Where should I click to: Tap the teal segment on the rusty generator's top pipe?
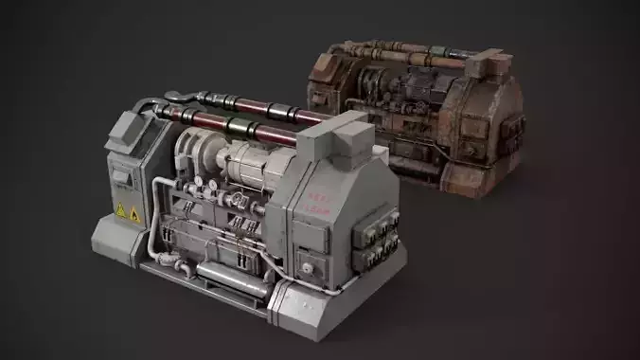440,52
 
